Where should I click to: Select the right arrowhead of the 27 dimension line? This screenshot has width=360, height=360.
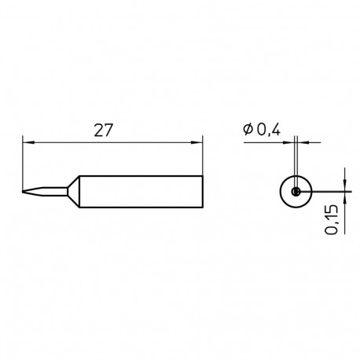point(197,142)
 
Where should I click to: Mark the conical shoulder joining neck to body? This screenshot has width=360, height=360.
point(72,189)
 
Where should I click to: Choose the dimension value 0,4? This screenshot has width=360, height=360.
point(268,131)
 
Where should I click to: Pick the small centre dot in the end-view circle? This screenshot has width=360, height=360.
point(295,190)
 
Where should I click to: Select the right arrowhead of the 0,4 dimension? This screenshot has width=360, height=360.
point(302,142)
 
